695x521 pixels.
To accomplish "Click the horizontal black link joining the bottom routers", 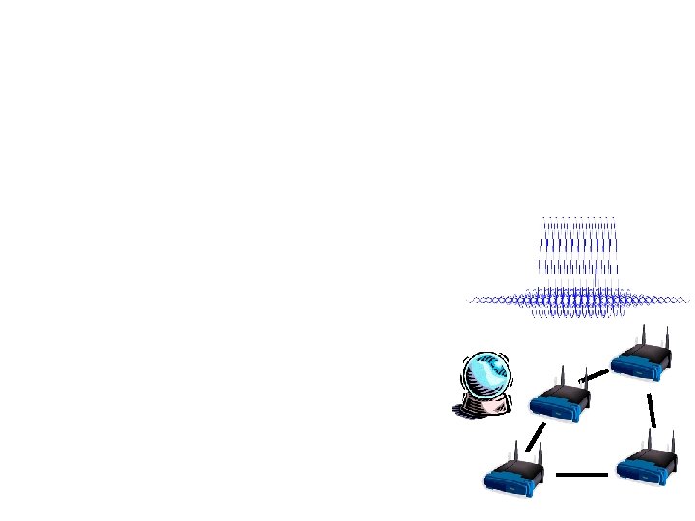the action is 581,475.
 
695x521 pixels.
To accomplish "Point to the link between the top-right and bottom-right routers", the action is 653,410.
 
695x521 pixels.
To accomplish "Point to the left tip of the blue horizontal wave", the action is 470,301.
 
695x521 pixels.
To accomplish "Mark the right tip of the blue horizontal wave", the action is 687,301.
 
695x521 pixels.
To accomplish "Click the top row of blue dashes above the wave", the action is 578,217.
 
